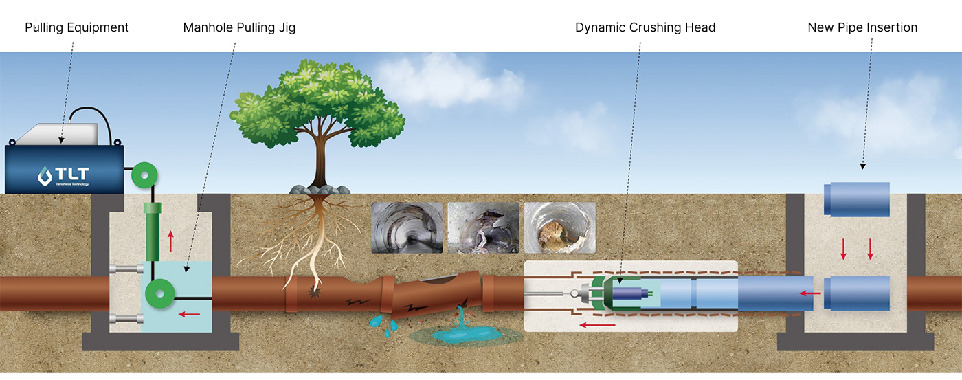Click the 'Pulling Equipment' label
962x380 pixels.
[x=76, y=28]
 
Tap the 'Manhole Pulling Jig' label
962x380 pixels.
[x=239, y=28]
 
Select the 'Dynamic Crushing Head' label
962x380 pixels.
[x=645, y=28]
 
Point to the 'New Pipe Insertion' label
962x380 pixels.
[x=862, y=28]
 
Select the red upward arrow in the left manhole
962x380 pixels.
[x=171, y=242]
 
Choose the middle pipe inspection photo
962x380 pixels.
[x=483, y=227]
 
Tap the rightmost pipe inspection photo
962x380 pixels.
[x=559, y=227]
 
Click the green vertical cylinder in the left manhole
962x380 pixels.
[x=151, y=230]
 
